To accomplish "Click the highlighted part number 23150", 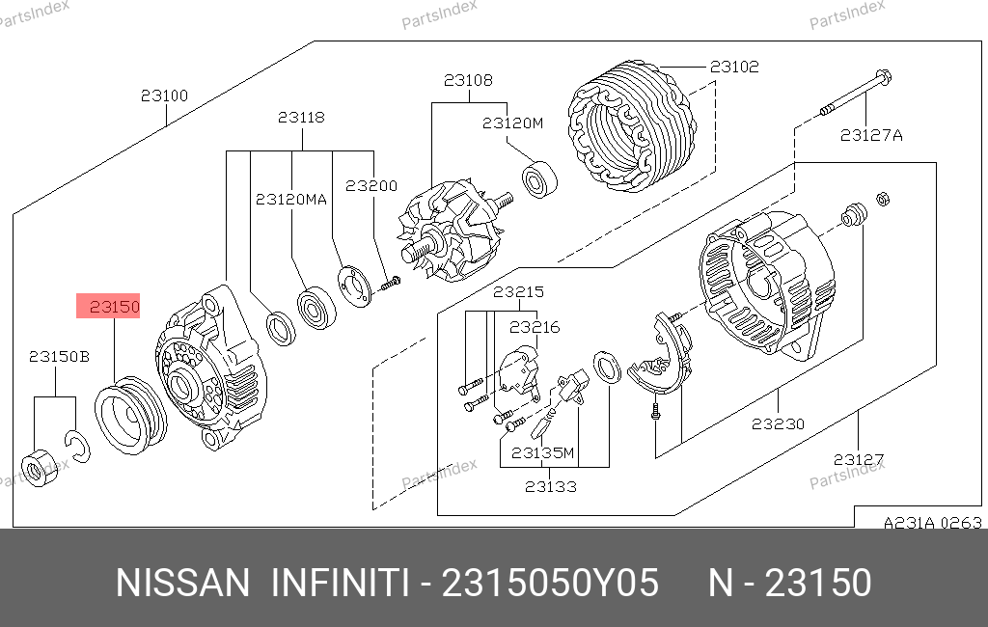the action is click(x=114, y=306).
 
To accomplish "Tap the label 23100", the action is click(x=164, y=95).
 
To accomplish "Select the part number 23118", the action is click(x=301, y=118).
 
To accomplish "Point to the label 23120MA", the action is click(x=291, y=200).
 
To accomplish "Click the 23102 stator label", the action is click(x=734, y=67).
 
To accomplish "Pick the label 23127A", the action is click(x=871, y=135).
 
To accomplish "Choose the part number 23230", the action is click(x=779, y=424).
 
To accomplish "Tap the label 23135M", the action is click(x=542, y=453).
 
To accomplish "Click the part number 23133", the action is click(x=551, y=486).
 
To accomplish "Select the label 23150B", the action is click(x=59, y=357).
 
